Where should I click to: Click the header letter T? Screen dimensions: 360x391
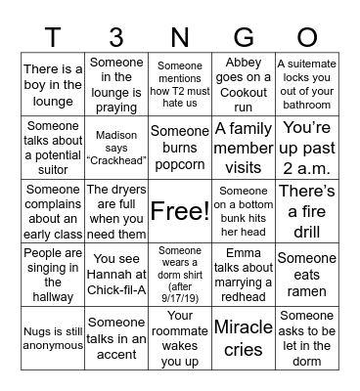[53, 36]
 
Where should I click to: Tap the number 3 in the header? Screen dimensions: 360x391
[116, 36]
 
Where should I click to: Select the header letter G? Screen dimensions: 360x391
[244, 36]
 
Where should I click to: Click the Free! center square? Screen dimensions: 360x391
[179, 210]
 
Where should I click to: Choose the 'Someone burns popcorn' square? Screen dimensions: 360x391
[179, 146]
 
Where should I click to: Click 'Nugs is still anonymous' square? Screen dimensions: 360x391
[53, 337]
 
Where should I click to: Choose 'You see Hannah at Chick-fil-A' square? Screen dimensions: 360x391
[116, 274]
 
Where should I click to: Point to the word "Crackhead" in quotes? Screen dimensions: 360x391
[116, 159]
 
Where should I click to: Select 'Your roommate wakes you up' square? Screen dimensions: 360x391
[179, 337]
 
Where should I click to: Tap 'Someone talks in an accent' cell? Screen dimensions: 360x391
[116, 337]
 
